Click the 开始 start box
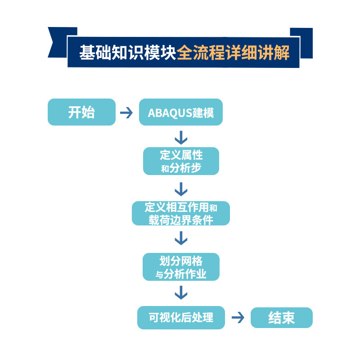[81, 112]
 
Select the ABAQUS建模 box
[181, 112]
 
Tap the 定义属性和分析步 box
[181, 161]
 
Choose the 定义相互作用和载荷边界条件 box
[181, 213]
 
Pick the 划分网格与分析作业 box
[181, 267]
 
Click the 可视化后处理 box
[181, 317]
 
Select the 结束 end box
[281, 318]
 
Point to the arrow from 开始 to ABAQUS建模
[126, 112]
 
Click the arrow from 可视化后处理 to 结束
[238, 318]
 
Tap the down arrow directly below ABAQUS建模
[181, 137]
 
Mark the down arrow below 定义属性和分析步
[181, 188]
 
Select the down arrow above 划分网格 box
[181, 238]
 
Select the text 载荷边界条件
[181, 220]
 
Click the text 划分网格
[181, 261]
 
